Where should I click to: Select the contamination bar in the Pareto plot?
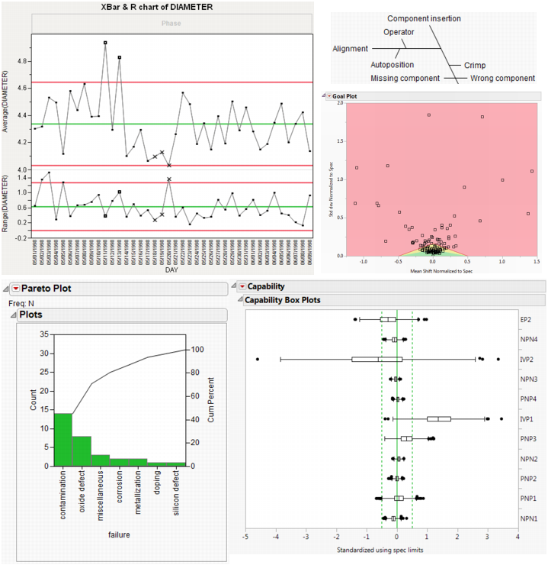(x=63, y=439)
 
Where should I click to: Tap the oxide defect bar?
(x=82, y=450)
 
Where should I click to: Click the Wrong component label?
(x=502, y=78)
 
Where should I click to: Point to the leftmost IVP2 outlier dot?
(x=258, y=359)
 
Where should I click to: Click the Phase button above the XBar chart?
(x=171, y=24)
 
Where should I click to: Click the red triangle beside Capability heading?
(x=242, y=286)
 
